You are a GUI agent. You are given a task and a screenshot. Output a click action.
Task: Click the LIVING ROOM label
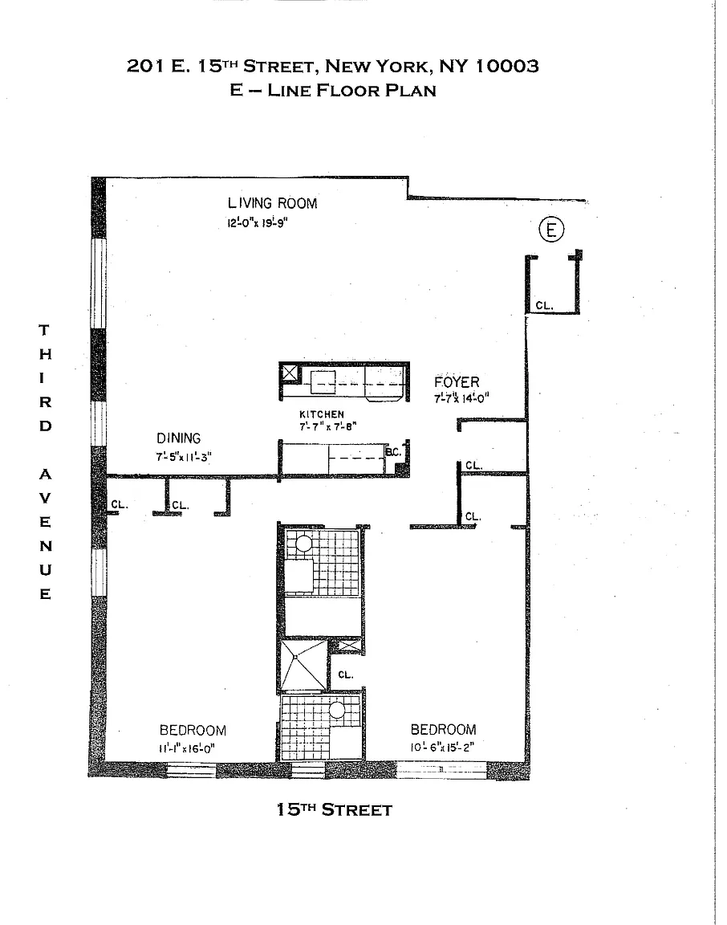point(272,203)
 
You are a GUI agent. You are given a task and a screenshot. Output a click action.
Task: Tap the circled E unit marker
point(551,230)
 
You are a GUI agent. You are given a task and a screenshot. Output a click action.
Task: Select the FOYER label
point(457,381)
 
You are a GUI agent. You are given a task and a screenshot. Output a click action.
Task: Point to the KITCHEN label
point(322,414)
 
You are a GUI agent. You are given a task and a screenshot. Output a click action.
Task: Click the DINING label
point(178,438)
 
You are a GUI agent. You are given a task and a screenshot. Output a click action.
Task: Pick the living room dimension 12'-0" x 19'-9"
point(257,224)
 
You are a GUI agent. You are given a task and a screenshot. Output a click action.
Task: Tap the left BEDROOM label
point(193,730)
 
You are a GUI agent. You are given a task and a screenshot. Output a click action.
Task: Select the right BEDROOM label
point(443,729)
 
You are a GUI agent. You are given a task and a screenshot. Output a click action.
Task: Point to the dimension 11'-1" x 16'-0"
point(193,748)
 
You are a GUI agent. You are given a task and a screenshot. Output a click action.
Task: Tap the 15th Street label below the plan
point(334,809)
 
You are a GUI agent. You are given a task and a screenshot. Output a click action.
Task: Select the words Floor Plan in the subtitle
point(380,90)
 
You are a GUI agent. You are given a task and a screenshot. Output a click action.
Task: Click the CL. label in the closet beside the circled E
point(544,304)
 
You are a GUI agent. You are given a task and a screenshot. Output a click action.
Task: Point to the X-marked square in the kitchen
point(289,373)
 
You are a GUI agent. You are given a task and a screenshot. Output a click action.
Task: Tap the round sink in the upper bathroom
point(303,544)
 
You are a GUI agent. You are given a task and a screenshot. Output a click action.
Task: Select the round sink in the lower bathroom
point(337,710)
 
